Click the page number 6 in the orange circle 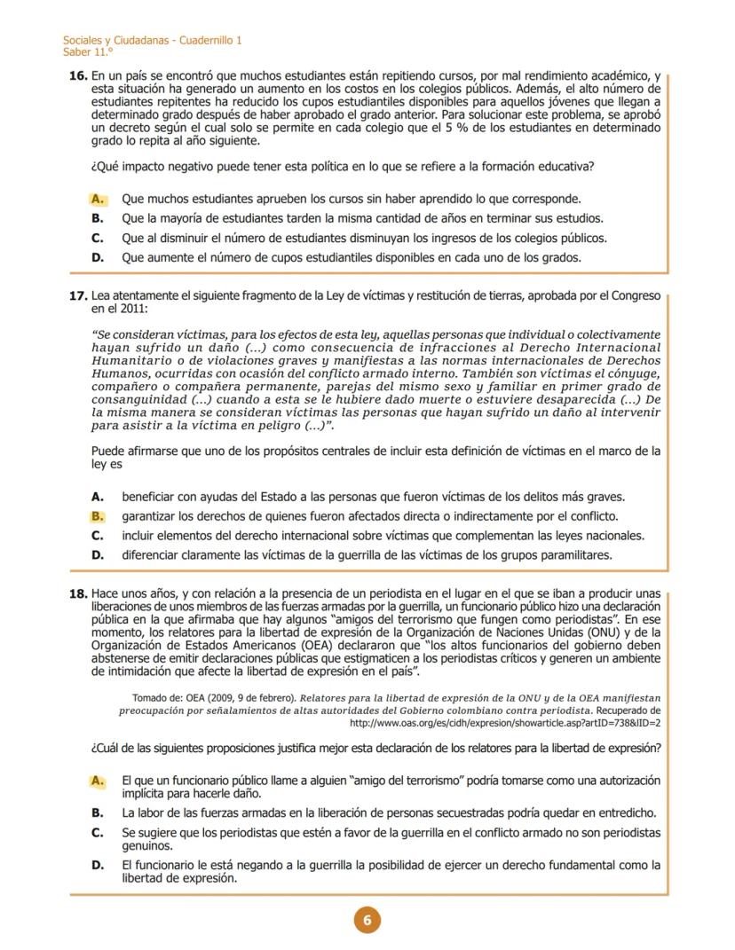tap(367, 920)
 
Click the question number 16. tap(77, 77)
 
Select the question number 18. tap(77, 593)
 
